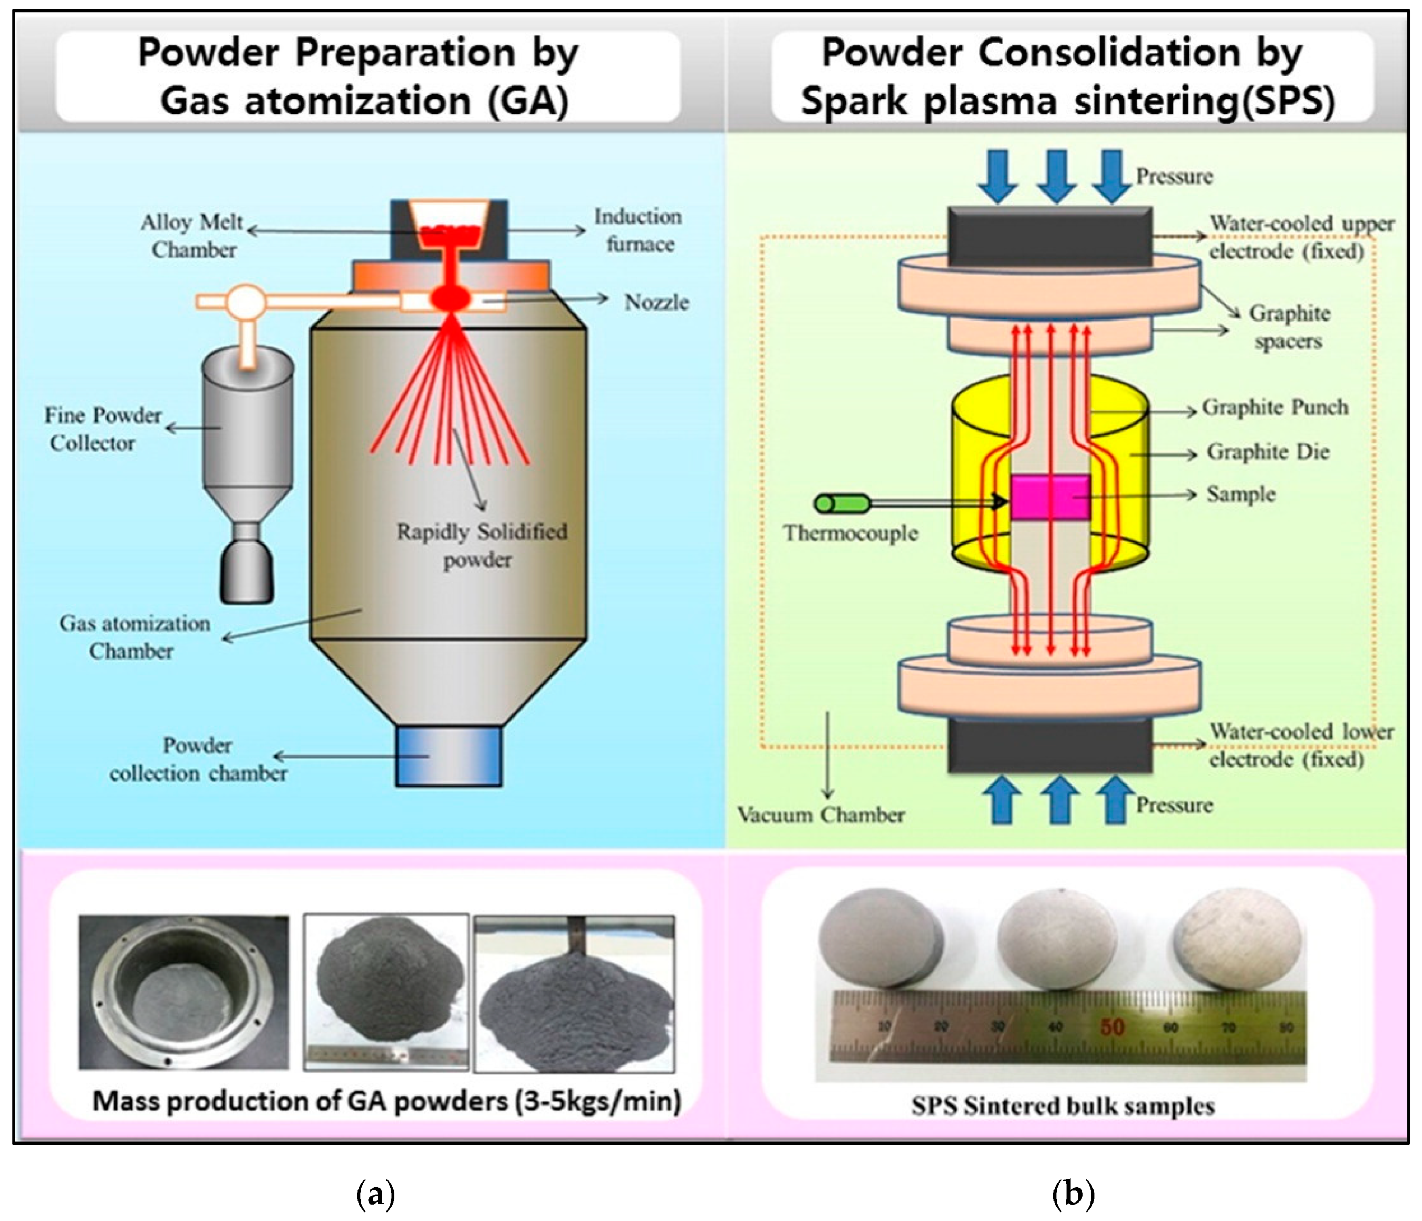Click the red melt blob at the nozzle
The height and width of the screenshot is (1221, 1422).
(x=450, y=298)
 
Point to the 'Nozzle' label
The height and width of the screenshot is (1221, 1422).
(x=656, y=302)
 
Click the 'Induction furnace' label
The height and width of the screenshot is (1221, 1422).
(x=637, y=230)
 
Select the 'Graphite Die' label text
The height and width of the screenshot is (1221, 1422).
(x=1268, y=452)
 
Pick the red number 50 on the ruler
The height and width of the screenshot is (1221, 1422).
(x=1112, y=1027)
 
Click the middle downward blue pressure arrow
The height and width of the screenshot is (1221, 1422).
(x=1056, y=176)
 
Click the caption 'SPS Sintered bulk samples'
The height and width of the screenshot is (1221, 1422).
(x=1062, y=1106)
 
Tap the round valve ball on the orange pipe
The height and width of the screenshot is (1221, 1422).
(x=245, y=301)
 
